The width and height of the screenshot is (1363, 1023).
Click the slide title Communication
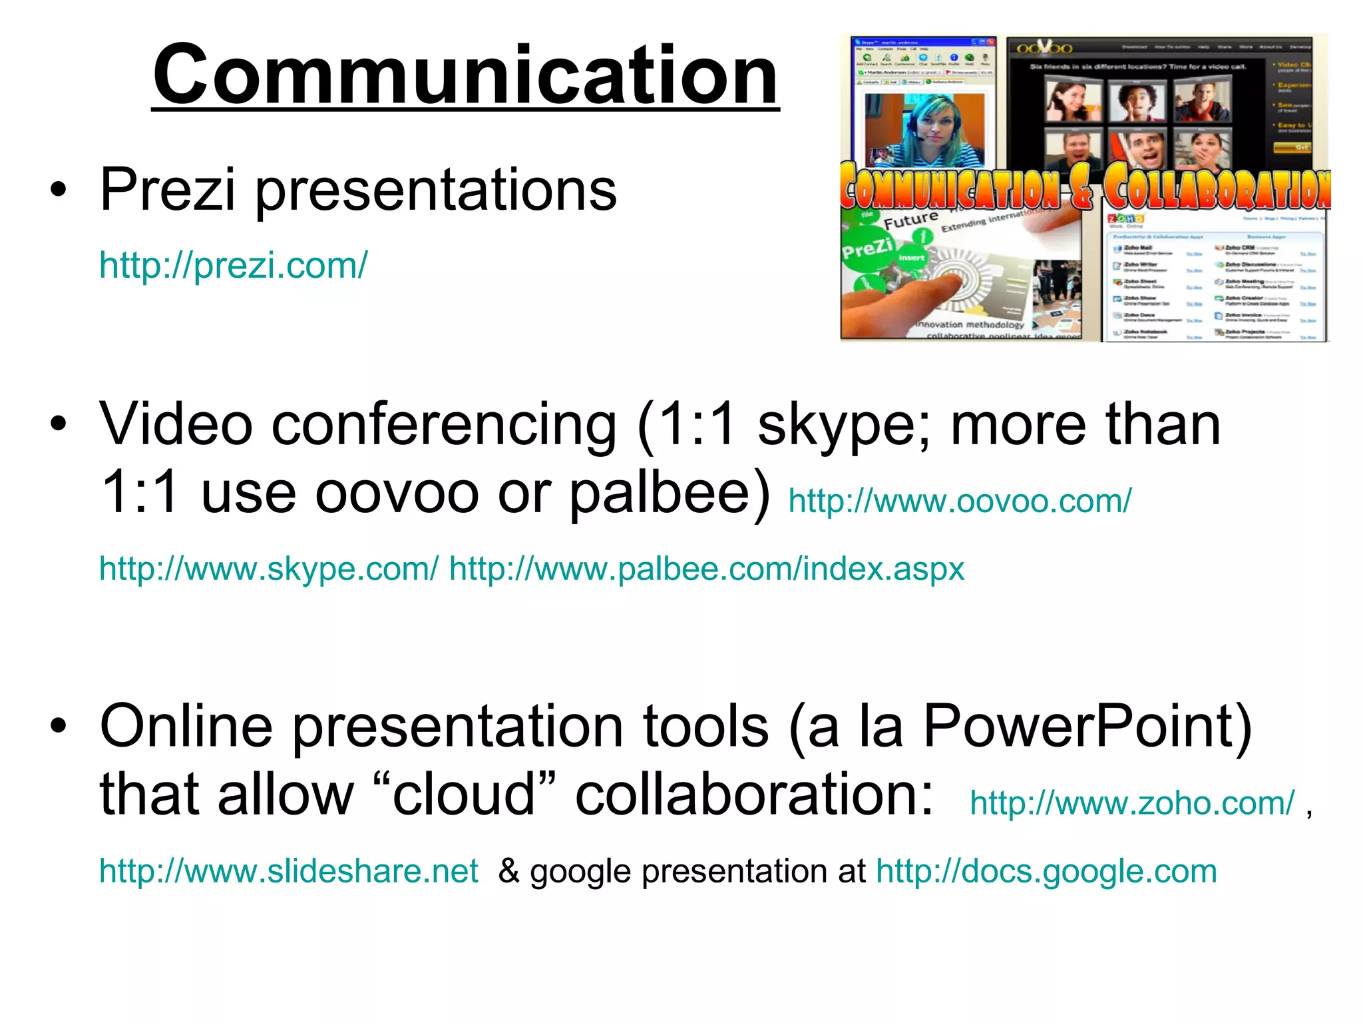[465, 75]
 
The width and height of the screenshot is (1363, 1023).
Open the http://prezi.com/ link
[233, 266]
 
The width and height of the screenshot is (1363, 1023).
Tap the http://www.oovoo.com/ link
[959, 501]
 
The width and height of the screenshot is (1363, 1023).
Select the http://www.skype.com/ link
[269, 569]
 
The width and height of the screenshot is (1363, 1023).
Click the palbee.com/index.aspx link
[707, 569]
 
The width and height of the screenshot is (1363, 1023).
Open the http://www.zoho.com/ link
[1132, 803]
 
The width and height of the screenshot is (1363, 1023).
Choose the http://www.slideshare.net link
[288, 871]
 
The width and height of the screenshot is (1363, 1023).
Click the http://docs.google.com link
[1046, 871]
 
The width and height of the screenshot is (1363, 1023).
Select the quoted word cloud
[464, 795]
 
